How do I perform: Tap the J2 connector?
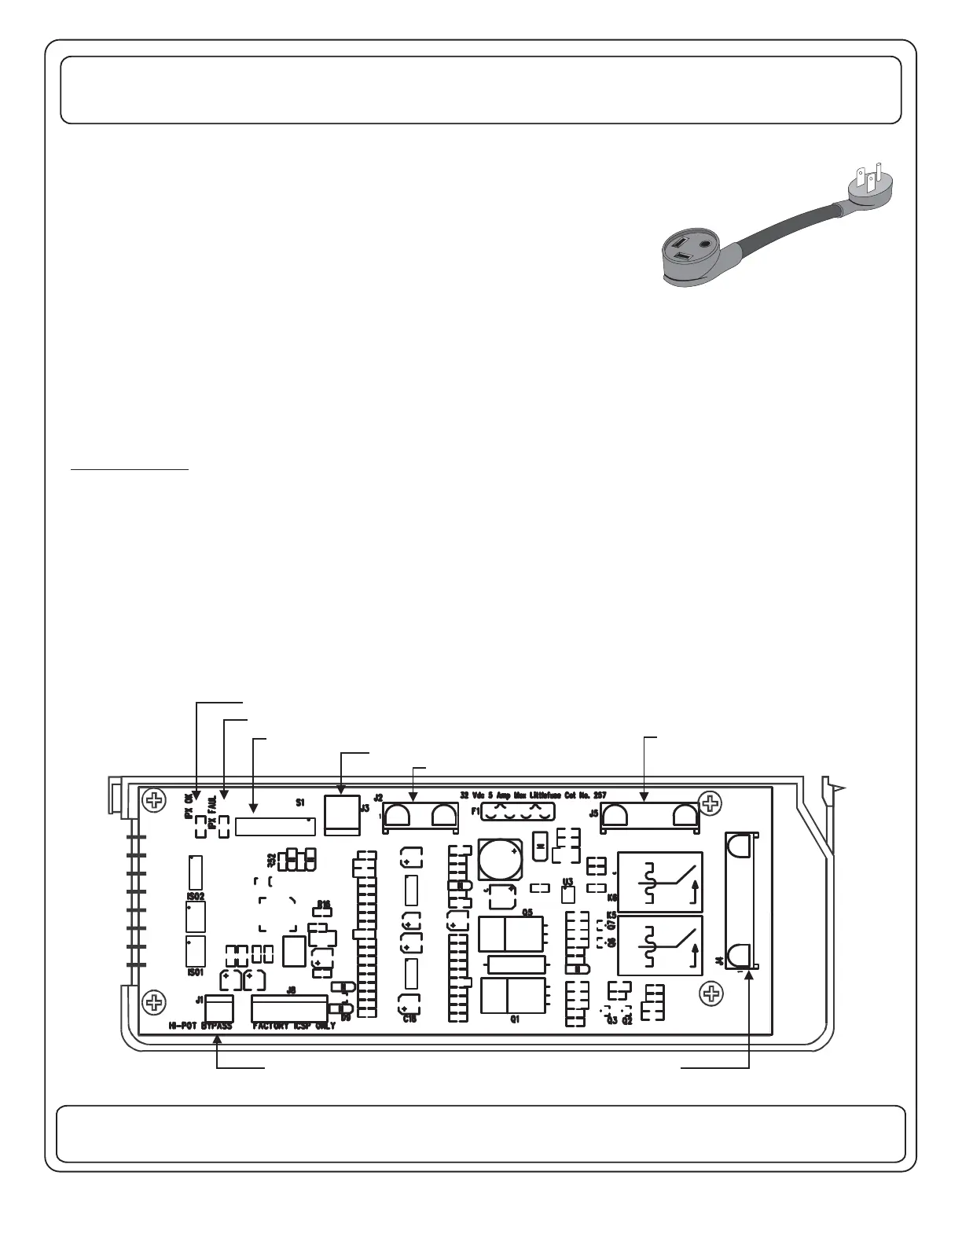(420, 817)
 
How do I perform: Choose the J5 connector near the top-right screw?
(649, 817)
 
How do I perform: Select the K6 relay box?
(660, 882)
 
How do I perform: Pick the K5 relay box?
(660, 946)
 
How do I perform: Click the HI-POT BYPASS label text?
(200, 1026)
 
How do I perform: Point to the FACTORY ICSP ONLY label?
(294, 1026)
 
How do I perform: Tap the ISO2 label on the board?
(196, 895)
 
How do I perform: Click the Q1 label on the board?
(516, 1019)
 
